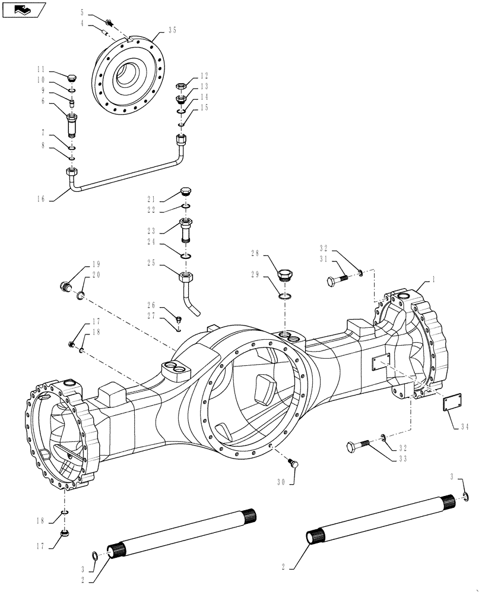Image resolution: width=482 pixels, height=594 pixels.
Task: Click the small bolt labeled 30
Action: pos(293,464)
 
